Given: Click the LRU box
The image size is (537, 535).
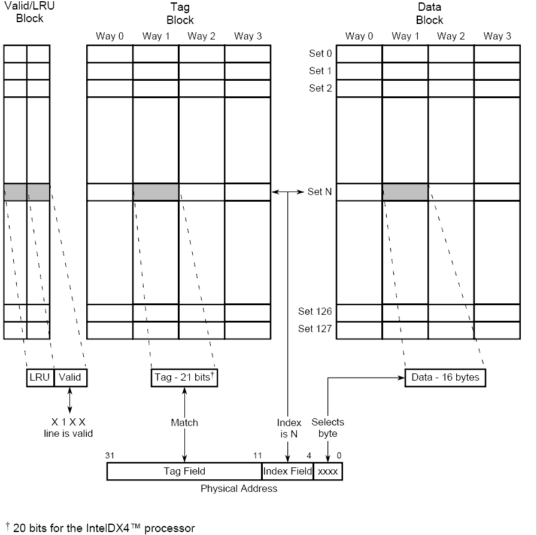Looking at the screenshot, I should [x=40, y=378].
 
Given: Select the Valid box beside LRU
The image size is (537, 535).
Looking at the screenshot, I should [x=70, y=378].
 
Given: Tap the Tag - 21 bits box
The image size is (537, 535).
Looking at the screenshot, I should [x=185, y=378].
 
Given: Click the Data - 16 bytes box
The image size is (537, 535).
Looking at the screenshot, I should [x=445, y=378].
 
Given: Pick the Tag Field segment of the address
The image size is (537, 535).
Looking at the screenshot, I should [x=184, y=472].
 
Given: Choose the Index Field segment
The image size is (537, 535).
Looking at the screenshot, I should [x=288, y=472].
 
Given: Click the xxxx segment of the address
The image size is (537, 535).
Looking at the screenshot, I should [x=327, y=472].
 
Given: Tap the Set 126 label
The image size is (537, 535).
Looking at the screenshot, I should [x=315, y=311].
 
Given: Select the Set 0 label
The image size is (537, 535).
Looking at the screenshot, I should [x=320, y=54].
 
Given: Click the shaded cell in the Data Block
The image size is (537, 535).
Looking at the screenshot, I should [x=405, y=192].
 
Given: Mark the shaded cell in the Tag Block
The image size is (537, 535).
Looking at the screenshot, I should [x=156, y=192].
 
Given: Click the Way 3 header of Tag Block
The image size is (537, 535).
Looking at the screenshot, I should [x=248, y=36].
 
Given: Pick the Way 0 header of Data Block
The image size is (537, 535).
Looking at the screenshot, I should [x=359, y=36].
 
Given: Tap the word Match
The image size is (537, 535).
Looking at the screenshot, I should [x=184, y=422].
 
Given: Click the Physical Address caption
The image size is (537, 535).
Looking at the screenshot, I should [x=239, y=488].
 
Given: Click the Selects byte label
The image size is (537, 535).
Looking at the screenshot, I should [x=328, y=428].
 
